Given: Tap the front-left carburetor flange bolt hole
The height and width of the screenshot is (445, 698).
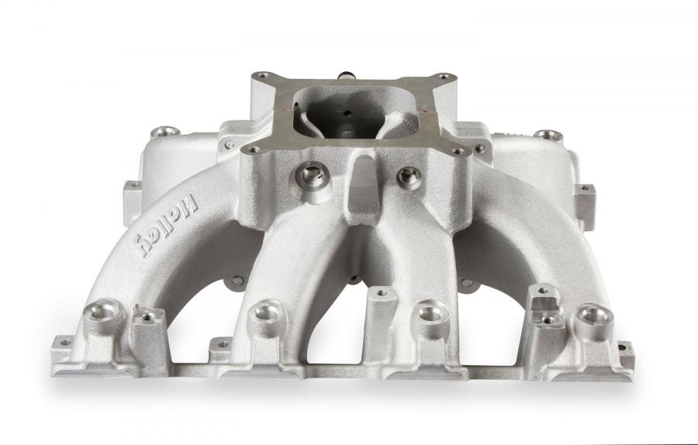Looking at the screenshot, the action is point(254,150).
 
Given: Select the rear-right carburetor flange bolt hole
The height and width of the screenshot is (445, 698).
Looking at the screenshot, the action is point(441,76).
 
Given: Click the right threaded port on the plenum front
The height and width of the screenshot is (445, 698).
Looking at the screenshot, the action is point(409,177).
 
